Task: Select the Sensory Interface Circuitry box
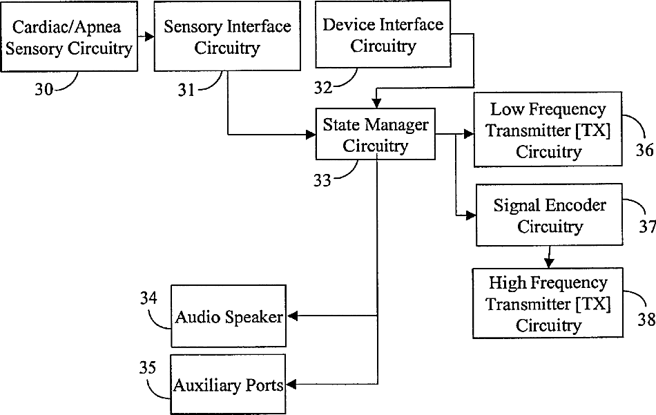227,37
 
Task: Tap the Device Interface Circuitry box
383,35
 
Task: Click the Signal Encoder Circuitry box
550,215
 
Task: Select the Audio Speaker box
229,316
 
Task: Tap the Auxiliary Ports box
229,385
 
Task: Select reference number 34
148,298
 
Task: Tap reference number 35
148,367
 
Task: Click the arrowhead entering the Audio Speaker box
291,316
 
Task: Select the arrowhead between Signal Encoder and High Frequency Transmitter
549,263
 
